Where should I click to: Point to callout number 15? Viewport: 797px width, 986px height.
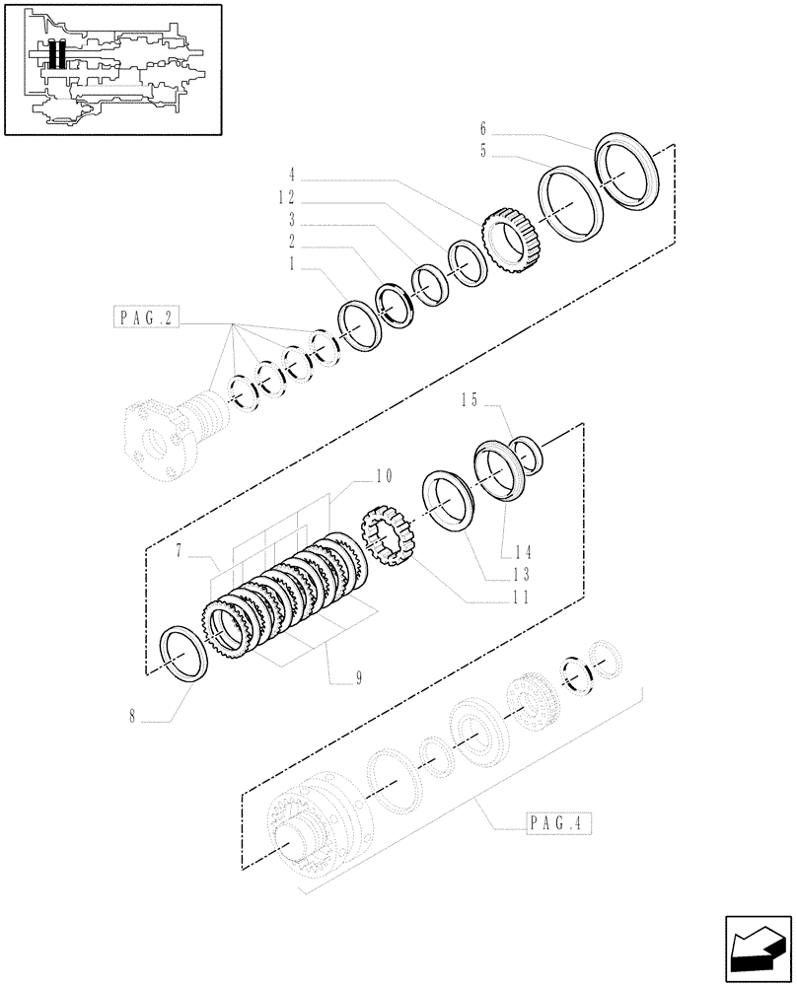tap(468, 400)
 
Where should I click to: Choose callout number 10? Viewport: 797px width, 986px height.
tap(383, 476)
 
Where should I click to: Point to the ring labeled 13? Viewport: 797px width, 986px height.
tap(450, 502)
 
